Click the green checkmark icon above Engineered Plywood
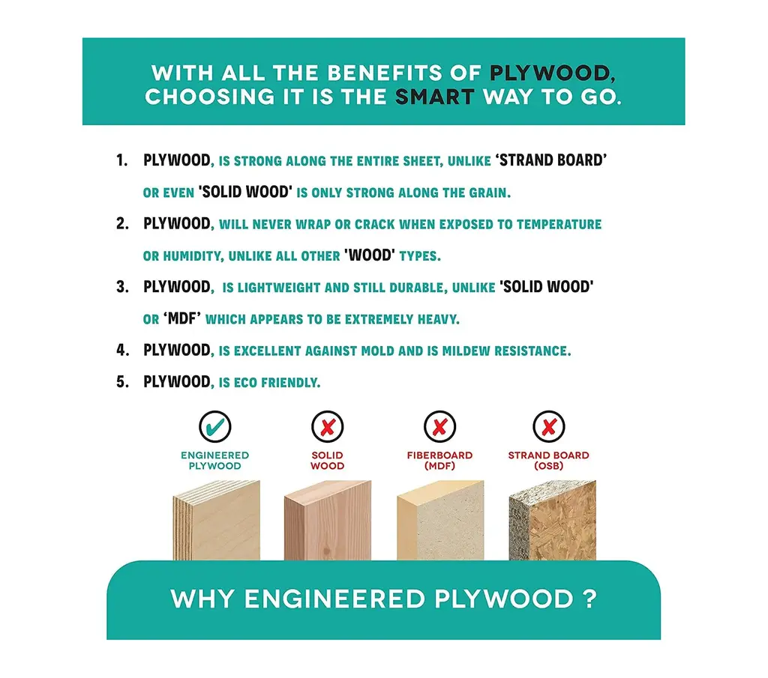(215, 426)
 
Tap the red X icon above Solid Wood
(327, 426)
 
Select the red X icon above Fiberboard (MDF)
(439, 426)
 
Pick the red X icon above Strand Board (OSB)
(548, 426)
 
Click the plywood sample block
(217, 521)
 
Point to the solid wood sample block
(328, 521)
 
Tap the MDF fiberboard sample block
(440, 521)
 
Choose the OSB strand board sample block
(553, 521)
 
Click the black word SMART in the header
(435, 97)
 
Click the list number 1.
(121, 160)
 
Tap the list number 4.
(122, 351)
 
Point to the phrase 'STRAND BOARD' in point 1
(551, 160)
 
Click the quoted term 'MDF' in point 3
(181, 318)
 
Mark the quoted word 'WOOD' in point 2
(369, 255)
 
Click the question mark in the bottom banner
(591, 599)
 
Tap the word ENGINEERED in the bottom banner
(334, 599)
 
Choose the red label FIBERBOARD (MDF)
(439, 460)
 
